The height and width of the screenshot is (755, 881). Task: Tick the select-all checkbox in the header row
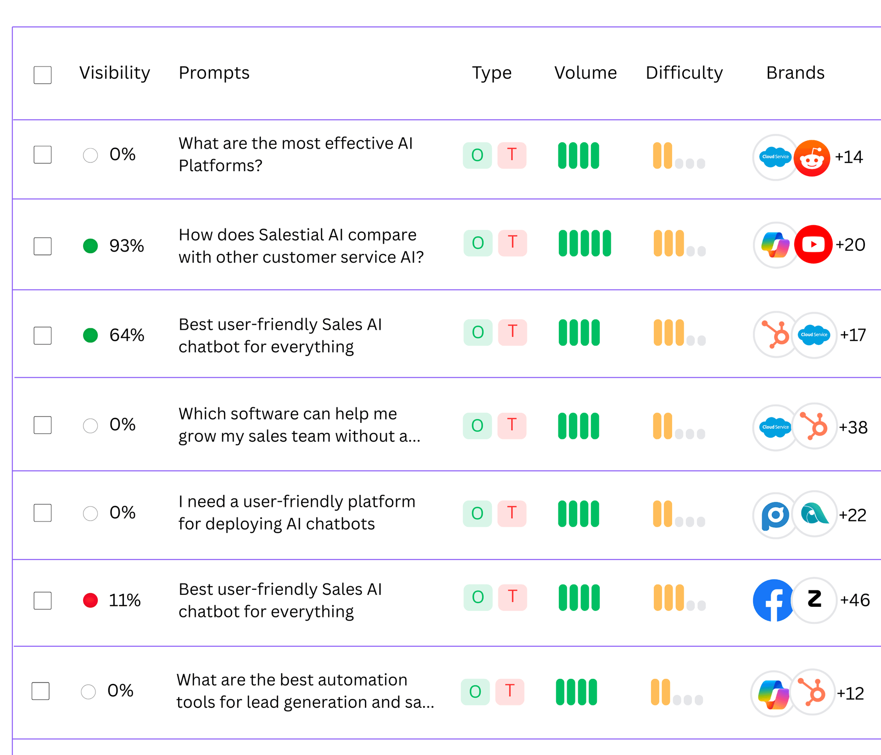pyautogui.click(x=43, y=75)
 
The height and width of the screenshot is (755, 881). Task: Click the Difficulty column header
pyautogui.click(x=684, y=73)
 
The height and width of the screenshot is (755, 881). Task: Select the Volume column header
pyautogui.click(x=585, y=73)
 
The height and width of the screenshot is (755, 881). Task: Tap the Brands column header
pyautogui.click(x=795, y=73)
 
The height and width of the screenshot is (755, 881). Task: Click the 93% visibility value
pyautogui.click(x=126, y=246)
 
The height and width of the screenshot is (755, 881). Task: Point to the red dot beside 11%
pyautogui.click(x=90, y=600)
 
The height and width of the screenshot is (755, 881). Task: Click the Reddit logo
pyautogui.click(x=812, y=158)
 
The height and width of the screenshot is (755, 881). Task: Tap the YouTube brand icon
pyautogui.click(x=813, y=244)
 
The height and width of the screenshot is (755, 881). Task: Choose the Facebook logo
pyautogui.click(x=774, y=600)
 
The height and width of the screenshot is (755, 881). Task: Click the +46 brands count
pyautogui.click(x=854, y=600)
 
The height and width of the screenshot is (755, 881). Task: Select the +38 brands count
pyautogui.click(x=853, y=427)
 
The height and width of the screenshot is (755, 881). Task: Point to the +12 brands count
pyautogui.click(x=850, y=694)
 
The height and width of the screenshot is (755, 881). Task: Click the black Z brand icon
pyautogui.click(x=814, y=600)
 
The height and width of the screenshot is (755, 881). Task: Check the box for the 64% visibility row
pyautogui.click(x=43, y=335)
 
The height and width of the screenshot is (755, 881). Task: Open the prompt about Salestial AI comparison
pyautogui.click(x=301, y=246)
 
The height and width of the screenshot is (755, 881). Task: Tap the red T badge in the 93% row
pyautogui.click(x=513, y=243)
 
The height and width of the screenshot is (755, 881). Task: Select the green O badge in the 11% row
pyautogui.click(x=478, y=597)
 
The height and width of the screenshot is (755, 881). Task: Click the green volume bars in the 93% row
pyautogui.click(x=585, y=243)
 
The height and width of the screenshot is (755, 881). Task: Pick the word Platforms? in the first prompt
pyautogui.click(x=220, y=166)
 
